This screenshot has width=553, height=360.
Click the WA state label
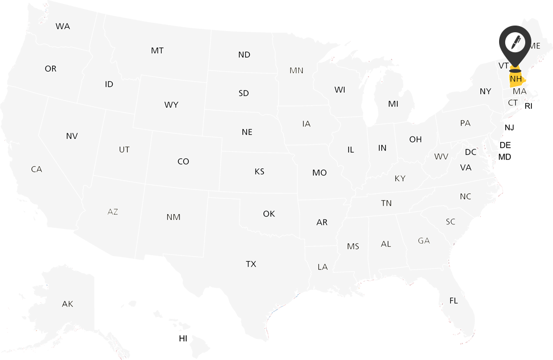coord(63,27)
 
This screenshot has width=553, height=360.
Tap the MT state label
coord(157,51)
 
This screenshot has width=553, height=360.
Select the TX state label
coord(251,264)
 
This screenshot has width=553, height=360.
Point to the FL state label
coord(454,301)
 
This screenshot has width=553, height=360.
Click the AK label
coord(67,304)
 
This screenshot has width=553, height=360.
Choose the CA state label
coord(37,169)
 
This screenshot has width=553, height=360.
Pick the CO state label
coord(183,162)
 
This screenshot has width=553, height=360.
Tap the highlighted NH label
coord(516,79)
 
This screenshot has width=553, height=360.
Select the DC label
coord(471,152)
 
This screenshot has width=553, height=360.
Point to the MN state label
coord(296,71)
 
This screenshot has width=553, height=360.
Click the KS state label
coord(260,172)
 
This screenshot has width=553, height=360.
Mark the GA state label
coord(424,241)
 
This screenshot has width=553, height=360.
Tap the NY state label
coord(486,91)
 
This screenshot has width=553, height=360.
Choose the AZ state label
coord(113,212)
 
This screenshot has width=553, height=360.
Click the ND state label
coord(245,54)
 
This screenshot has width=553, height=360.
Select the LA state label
coord(323,267)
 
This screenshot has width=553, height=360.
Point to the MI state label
coord(393,104)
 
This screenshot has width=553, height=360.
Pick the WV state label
coord(441,157)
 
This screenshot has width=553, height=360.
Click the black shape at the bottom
coord(171,343)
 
